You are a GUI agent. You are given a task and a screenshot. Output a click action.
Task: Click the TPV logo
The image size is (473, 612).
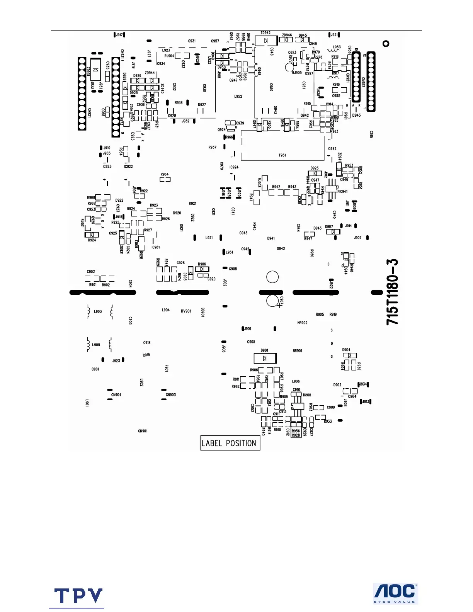coord(78,596)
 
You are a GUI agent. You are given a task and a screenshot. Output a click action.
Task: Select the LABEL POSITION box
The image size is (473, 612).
coord(230,443)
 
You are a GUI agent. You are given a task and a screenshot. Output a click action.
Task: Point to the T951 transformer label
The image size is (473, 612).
coord(282,155)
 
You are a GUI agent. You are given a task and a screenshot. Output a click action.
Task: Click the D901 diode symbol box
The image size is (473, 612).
coord(265,358)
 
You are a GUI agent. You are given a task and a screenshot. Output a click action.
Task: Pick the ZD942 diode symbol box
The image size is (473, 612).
coord(266,41)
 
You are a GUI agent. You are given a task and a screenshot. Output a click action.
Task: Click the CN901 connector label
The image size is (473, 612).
coord(143,431)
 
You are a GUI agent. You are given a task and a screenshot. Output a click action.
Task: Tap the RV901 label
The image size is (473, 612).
coord(186,311)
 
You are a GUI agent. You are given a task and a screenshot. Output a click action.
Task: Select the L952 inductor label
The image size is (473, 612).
coord(238,97)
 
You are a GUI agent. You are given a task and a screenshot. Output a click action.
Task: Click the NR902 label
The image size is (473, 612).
coord(302,323)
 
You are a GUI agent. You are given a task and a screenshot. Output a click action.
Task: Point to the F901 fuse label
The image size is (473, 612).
coord(167,368)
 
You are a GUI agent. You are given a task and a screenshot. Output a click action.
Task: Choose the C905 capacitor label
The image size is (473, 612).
coord(251,342)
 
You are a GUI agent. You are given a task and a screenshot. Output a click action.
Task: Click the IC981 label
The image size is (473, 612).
coord(155,247)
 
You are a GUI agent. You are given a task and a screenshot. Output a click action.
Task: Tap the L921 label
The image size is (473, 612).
coord(209,238)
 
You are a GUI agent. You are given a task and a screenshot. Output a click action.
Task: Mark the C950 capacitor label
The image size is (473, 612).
coord(271,87)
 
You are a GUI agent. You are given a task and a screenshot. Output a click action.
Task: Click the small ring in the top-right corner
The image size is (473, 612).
coord(386,44)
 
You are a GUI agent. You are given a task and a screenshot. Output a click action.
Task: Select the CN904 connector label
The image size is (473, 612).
coord(116,395)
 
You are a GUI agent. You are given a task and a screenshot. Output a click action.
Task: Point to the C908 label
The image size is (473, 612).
coord(233,269)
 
